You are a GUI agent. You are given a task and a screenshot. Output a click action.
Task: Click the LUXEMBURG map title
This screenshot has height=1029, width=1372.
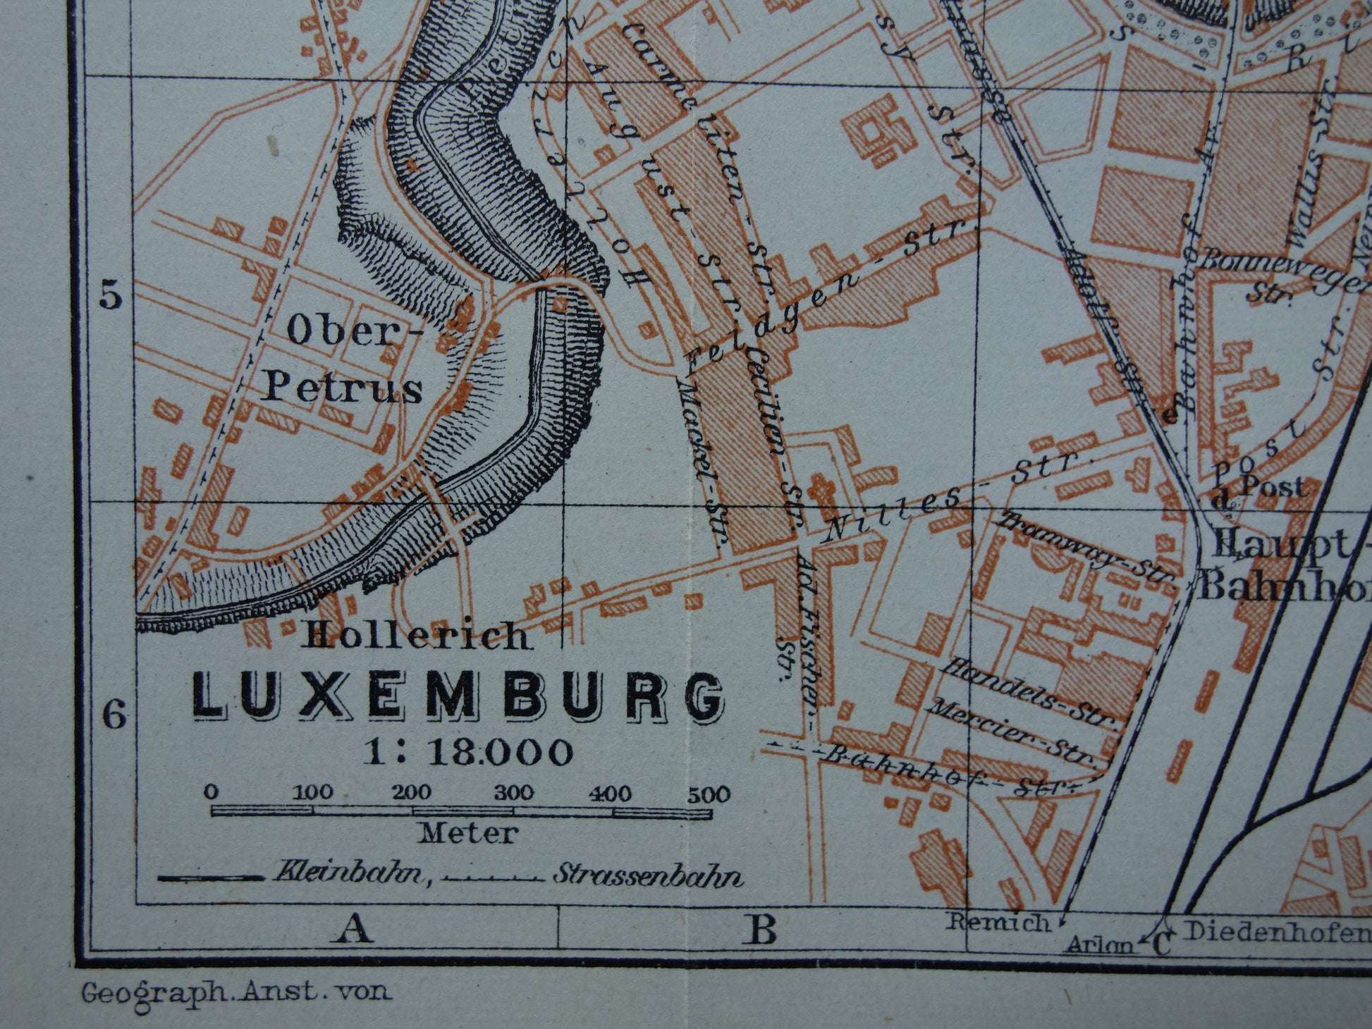[x=459, y=696]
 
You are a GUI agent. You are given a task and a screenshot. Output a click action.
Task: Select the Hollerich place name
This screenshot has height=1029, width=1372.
[x=415, y=636]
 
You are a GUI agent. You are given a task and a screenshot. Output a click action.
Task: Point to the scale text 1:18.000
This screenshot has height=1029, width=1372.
[x=468, y=752]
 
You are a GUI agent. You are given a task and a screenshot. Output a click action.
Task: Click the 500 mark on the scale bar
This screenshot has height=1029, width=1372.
[x=709, y=794]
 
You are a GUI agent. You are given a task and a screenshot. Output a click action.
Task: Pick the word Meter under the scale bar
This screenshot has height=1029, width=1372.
[x=468, y=834]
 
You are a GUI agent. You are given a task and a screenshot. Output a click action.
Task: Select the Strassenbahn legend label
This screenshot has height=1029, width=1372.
[x=647, y=876]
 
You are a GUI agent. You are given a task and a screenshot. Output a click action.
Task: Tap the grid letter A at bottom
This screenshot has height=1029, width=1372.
[x=355, y=930]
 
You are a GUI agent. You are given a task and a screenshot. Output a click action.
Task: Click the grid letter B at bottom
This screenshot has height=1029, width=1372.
[x=761, y=930]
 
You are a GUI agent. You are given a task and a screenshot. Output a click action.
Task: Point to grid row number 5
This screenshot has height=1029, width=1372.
[x=110, y=296]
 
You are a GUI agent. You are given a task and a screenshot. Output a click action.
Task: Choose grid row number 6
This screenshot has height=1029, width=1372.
[x=115, y=715]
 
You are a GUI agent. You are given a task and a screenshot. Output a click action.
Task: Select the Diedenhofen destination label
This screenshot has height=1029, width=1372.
[x=1276, y=931]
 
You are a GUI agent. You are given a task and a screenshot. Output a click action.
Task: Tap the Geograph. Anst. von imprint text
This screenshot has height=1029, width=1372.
[x=236, y=992]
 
